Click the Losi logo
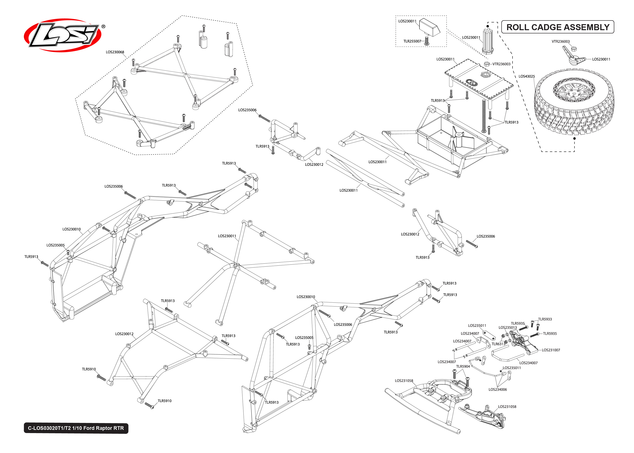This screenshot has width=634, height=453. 63,35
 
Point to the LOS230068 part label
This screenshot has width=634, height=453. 115,52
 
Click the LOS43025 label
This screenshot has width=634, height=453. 526,76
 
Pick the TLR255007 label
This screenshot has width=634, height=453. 412,41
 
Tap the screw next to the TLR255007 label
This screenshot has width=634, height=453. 426,41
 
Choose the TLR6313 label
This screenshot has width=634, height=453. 498,344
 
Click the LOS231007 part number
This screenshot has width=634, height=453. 551,350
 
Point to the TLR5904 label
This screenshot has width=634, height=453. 463,366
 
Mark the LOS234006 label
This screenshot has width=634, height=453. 497,389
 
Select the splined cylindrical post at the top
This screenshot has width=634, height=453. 487,40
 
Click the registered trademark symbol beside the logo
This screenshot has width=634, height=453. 103,27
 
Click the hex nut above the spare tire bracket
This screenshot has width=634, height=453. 574,49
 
